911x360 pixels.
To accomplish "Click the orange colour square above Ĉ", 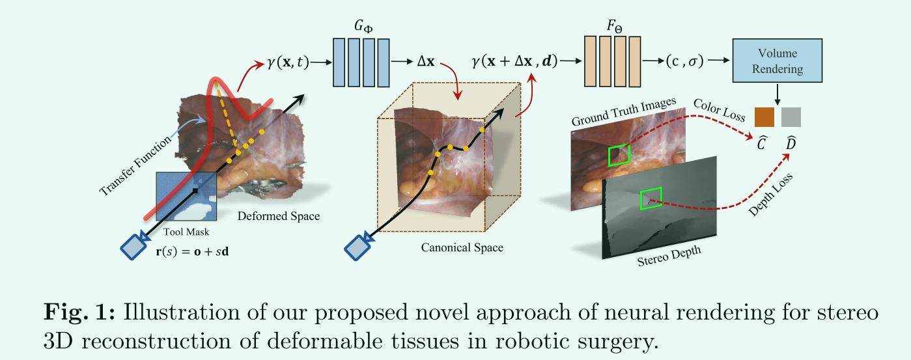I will pyautogui.click(x=764, y=117).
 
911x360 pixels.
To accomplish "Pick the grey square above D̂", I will pyautogui.click(x=791, y=117).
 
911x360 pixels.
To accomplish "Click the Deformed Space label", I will pyautogui.click(x=279, y=216).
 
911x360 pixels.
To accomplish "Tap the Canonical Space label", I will pyautogui.click(x=462, y=247).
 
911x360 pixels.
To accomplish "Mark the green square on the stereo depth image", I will pyautogui.click(x=651, y=198).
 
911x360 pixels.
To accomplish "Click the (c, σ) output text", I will pyautogui.click(x=685, y=62).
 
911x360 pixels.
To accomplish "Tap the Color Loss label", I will pyautogui.click(x=720, y=110).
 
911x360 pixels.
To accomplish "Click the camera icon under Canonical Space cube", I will pyautogui.click(x=357, y=248).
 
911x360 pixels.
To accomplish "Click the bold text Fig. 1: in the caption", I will pyautogui.click(x=78, y=312).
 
